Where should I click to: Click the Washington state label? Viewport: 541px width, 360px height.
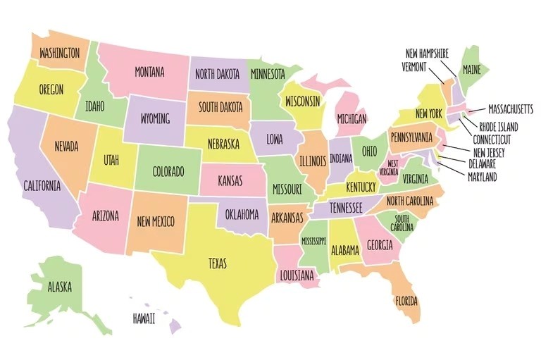58,53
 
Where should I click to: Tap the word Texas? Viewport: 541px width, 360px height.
218,263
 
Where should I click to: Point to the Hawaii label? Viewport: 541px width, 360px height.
144,319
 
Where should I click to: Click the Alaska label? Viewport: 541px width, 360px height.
59,287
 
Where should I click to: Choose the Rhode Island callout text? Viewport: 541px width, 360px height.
498,128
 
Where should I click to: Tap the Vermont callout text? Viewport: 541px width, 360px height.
414,67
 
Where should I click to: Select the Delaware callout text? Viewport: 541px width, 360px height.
482,164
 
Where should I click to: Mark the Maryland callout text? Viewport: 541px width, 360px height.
482,176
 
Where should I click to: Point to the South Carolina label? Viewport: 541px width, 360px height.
402,224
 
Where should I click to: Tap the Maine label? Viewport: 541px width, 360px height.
471,70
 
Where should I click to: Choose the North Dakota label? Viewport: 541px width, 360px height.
217,74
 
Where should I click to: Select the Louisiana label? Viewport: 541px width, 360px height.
297,276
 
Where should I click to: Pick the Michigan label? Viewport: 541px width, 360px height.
352,119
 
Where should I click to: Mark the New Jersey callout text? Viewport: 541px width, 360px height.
488,152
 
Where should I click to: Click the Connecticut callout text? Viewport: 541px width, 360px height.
492,139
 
